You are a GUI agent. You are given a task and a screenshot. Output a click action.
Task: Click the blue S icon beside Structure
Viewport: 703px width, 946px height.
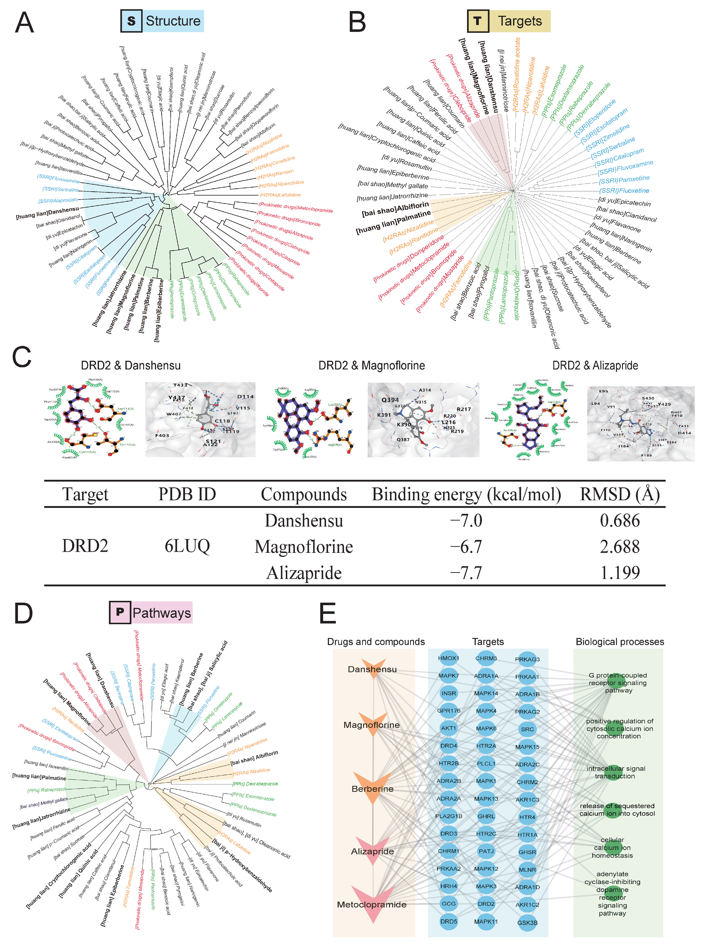[132, 21]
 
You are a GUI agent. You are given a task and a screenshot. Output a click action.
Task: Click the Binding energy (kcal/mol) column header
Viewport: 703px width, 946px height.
[466, 494]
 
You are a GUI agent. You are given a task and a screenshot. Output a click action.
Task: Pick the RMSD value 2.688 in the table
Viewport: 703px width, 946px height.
[620, 547]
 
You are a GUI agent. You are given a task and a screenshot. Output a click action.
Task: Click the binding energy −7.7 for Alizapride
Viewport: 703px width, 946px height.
[466, 573]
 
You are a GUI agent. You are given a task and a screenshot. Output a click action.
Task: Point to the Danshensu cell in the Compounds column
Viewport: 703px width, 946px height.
[304, 521]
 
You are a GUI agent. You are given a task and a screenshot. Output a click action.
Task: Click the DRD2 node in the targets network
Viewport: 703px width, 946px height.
[486, 903]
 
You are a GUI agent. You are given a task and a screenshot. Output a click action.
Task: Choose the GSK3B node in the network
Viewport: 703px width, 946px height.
[527, 923]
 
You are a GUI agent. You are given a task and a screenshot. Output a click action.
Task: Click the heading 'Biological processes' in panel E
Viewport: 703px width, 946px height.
[620, 642]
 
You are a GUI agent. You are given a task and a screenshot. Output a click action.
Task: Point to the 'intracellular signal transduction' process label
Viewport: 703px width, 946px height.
[616, 772]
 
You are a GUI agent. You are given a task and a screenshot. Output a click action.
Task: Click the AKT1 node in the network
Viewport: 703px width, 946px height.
[449, 728]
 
